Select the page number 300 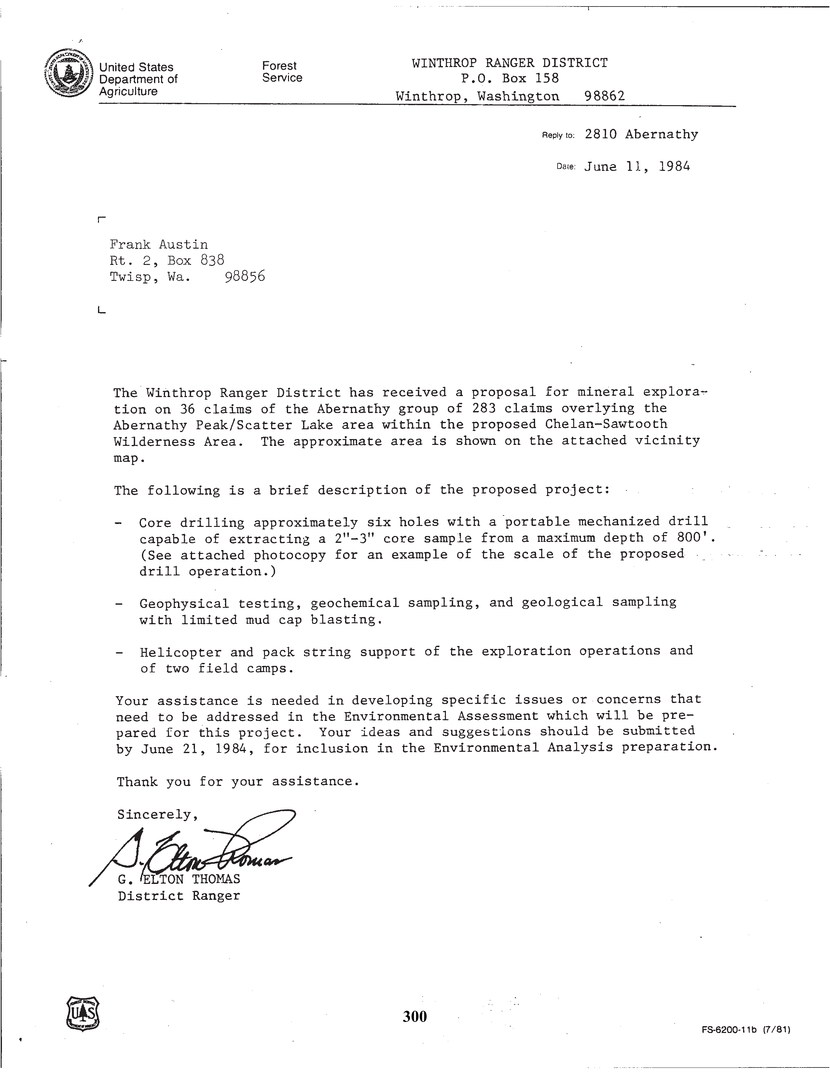[x=414, y=1016]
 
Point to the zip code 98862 [x=604, y=96]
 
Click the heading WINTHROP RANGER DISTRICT [x=509, y=63]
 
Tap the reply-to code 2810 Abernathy [x=641, y=134]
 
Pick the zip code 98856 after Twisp [x=244, y=276]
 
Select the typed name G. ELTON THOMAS [x=179, y=879]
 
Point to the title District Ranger [x=179, y=896]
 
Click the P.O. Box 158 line [x=509, y=79]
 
